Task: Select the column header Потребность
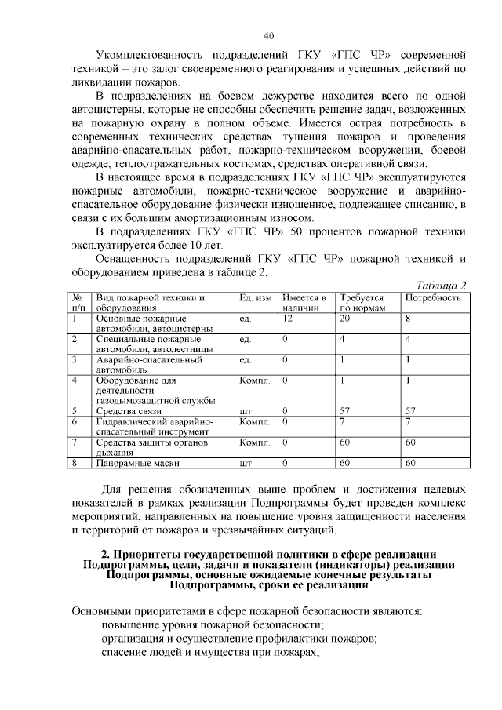pos(432,298)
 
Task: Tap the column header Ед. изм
pos(255,298)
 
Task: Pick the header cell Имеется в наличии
pos(304,303)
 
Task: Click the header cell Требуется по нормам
pos(362,303)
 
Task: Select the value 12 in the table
pos(287,319)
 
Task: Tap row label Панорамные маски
pos(133,463)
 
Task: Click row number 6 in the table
pos(75,421)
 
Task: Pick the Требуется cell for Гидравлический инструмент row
pos(342,421)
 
